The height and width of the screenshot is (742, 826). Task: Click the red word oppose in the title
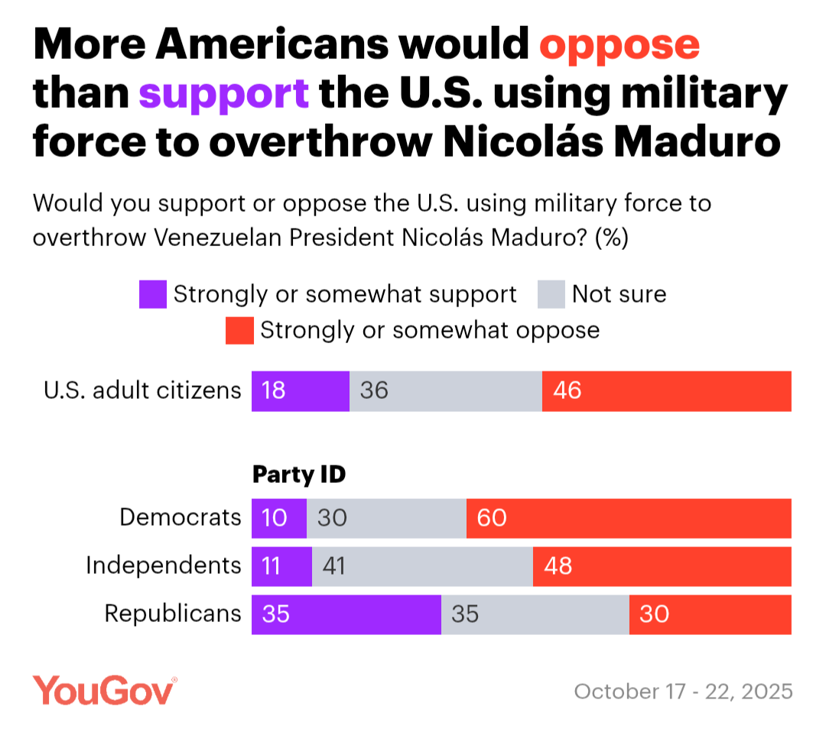coord(619,47)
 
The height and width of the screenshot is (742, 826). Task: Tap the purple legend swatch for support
coord(153,295)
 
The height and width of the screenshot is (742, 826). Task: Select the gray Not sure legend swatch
coord(551,295)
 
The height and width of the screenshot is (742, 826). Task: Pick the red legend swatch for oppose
coord(239,331)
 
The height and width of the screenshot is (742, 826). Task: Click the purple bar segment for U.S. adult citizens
coord(301,391)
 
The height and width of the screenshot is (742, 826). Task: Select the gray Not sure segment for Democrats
coord(386,518)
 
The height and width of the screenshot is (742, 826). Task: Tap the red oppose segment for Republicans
coord(710,614)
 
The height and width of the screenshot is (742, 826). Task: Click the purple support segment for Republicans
coord(346,614)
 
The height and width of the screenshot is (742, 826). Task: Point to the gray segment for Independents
coord(422,566)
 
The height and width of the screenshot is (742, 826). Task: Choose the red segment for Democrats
coord(629,518)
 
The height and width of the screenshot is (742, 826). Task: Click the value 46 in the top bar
coord(567,391)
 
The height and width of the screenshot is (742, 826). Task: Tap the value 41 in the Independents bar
coord(334,566)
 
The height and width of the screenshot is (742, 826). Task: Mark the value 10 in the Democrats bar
coord(274,518)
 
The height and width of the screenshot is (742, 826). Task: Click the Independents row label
coord(163,565)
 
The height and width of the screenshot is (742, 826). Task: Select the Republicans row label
coord(173,613)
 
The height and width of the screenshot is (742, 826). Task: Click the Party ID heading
coord(299,475)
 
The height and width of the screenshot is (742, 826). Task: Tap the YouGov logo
coord(105,690)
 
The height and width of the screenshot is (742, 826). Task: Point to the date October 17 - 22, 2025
coord(683,692)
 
